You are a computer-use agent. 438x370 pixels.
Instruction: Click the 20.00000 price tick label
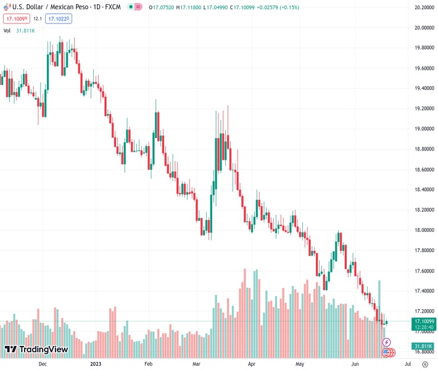pyautogui.click(x=423, y=28)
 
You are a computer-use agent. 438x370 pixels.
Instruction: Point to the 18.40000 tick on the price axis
pyautogui.click(x=423, y=189)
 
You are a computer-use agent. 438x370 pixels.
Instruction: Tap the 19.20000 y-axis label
pyautogui.click(x=423, y=109)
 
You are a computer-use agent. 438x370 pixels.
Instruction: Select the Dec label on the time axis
pyautogui.click(x=42, y=364)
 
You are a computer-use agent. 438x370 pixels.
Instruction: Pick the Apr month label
pyautogui.click(x=252, y=364)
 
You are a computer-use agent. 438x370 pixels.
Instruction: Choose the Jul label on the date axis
pyautogui.click(x=408, y=364)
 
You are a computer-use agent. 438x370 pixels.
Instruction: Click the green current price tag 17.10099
pyautogui.click(x=424, y=321)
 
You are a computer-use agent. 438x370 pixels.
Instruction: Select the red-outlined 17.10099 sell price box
pyautogui.click(x=16, y=18)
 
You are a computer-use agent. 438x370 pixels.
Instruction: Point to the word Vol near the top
pyautogui.click(x=7, y=30)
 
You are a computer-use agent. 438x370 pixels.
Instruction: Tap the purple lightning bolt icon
pyautogui.click(x=387, y=342)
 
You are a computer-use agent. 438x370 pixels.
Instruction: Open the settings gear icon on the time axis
pyautogui.click(x=424, y=364)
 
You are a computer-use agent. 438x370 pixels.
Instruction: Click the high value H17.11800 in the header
pyautogui.click(x=192, y=7)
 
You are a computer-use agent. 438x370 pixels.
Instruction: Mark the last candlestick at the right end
pyautogui.click(x=386, y=322)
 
